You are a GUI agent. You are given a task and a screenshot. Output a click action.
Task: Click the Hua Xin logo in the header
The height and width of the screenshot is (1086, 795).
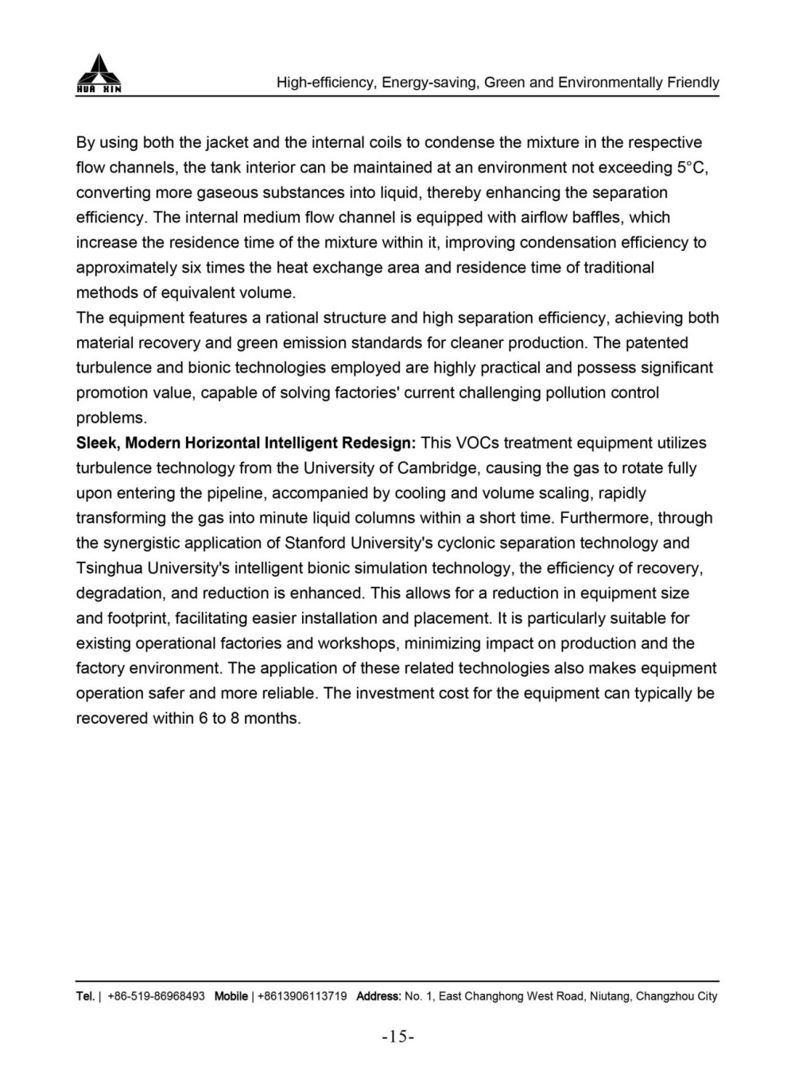coord(99,74)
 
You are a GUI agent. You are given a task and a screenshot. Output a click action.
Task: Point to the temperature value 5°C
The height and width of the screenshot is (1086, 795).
coord(692,168)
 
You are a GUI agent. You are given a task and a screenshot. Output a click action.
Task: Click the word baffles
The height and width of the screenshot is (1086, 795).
coord(598,218)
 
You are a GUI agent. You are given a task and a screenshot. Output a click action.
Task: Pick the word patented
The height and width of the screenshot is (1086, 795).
coord(657,343)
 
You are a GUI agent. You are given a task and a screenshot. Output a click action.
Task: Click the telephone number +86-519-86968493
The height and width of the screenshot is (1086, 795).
coord(156,996)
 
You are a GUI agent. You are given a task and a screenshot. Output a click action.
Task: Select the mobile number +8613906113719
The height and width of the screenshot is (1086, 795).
coord(302,996)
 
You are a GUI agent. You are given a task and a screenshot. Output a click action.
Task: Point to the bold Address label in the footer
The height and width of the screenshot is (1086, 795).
coord(378,996)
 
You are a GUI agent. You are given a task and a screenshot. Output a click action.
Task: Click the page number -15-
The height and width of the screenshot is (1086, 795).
coord(398,1037)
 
